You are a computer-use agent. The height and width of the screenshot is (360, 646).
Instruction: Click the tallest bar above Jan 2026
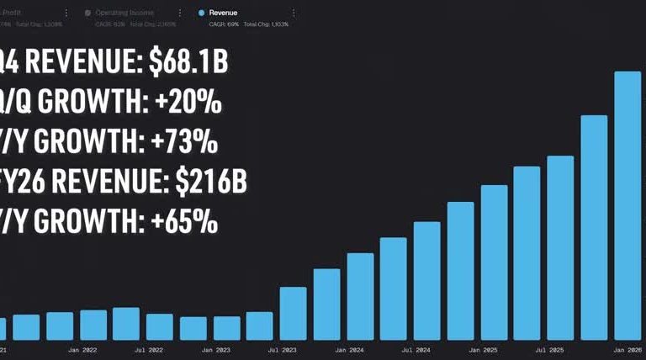click(627, 206)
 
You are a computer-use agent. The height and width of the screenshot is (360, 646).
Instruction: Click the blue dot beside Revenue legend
click(202, 13)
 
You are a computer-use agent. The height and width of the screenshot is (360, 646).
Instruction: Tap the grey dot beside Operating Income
click(88, 13)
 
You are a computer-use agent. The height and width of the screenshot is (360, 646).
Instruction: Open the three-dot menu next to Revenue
click(294, 13)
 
